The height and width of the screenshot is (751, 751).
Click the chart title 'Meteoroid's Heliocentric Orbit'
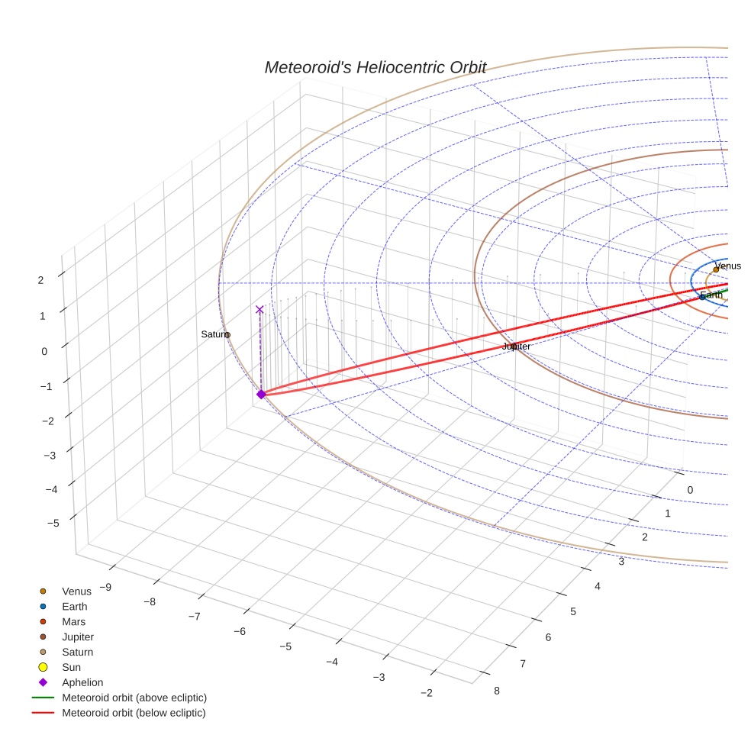pos(375,67)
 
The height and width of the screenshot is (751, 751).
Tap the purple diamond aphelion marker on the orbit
pos(261,394)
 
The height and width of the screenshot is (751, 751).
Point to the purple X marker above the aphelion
pos(259,309)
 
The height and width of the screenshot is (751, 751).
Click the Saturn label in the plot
pos(214,334)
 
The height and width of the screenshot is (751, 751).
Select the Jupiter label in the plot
pos(517,346)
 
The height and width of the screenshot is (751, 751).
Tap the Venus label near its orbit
pos(728,266)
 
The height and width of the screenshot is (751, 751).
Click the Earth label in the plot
pos(711,295)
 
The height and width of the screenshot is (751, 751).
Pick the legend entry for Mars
pos(73,621)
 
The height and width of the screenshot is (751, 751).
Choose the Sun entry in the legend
pos(71,667)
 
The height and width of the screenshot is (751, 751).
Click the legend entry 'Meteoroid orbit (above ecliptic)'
pos(134,698)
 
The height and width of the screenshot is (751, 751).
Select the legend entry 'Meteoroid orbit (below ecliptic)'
pos(134,713)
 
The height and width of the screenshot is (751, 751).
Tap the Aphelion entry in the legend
pos(82,682)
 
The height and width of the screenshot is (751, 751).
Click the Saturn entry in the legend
pos(77,652)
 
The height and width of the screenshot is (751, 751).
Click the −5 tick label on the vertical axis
pos(53,523)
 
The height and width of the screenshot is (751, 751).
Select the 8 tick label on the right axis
pos(497,691)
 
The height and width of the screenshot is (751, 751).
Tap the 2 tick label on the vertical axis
pos(41,280)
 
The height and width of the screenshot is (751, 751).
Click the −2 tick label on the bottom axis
pos(426,692)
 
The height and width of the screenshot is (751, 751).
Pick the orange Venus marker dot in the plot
pos(716,269)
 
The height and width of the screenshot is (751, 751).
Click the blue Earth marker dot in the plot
pos(702,296)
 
